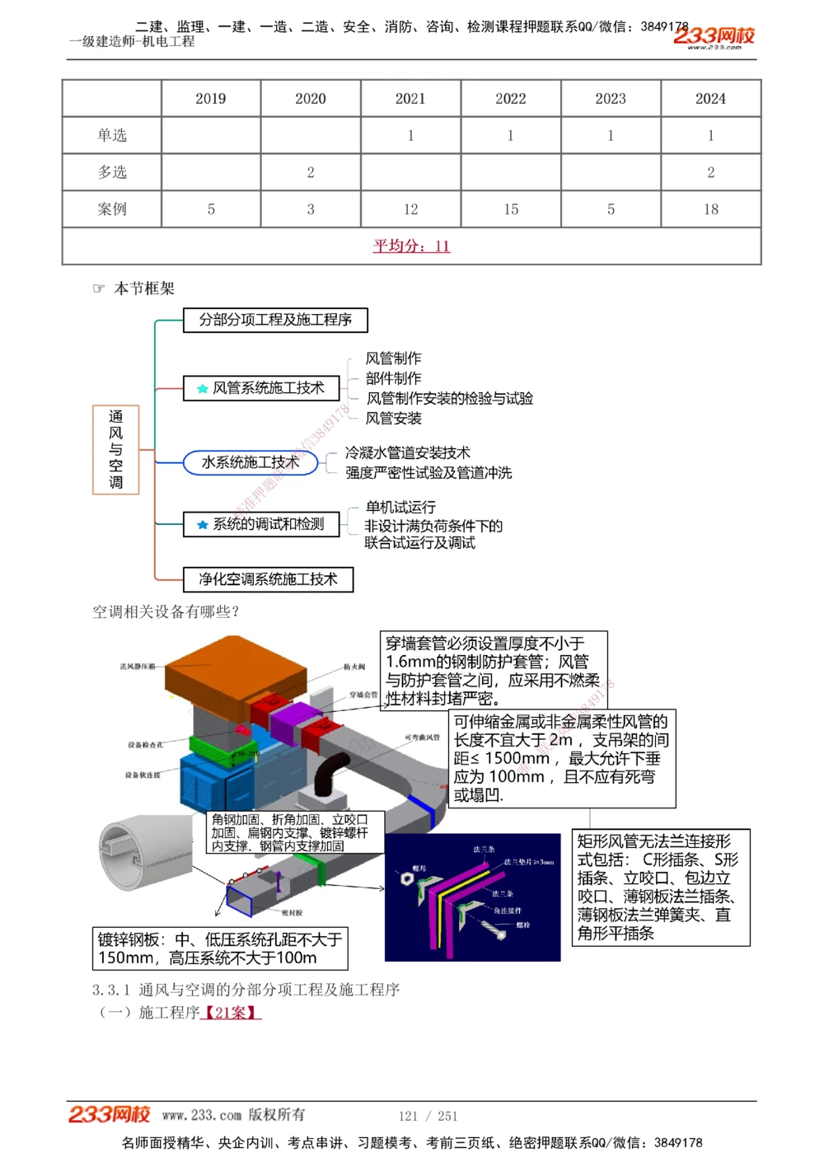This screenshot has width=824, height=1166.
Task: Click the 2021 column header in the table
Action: pyautogui.click(x=410, y=99)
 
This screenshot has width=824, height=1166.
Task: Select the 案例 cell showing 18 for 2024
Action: pyautogui.click(x=710, y=209)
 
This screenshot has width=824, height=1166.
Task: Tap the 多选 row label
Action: pyautogui.click(x=112, y=172)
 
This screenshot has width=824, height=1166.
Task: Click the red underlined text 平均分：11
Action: pyautogui.click(x=411, y=246)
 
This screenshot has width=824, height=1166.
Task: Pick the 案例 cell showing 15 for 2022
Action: pyautogui.click(x=511, y=209)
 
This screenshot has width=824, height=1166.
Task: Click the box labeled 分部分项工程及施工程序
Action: pyautogui.click(x=275, y=320)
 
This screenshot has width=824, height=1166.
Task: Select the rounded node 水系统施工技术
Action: pyautogui.click(x=250, y=463)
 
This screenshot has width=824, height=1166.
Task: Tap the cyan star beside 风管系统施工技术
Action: pyautogui.click(x=202, y=388)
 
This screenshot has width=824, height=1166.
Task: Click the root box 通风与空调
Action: pyautogui.click(x=116, y=450)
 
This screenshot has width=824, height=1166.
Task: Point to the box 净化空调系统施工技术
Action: pyautogui.click(x=268, y=579)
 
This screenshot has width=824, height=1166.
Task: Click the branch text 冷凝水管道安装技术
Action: pyautogui.click(x=408, y=452)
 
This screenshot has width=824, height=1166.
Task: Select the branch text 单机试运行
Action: pyautogui.click(x=400, y=507)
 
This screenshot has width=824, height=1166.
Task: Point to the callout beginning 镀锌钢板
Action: pyautogui.click(x=220, y=948)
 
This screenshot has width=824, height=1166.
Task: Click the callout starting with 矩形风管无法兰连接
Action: pyautogui.click(x=662, y=887)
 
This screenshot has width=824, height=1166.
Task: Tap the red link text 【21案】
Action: pyautogui.click(x=231, y=1012)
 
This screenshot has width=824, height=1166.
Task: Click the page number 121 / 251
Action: pyautogui.click(x=428, y=1116)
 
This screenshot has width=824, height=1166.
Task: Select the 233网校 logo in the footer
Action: pyautogui.click(x=110, y=1115)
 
